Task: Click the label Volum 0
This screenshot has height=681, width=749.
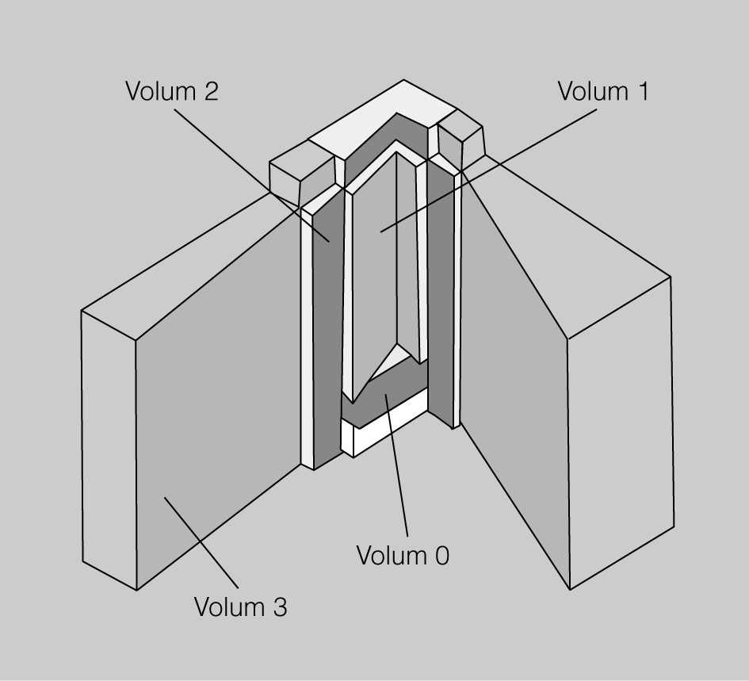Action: coord(403,555)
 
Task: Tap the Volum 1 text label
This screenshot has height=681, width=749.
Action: coord(602,91)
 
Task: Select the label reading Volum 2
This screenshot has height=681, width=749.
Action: coord(171,91)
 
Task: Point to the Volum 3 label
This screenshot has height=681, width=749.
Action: coord(240,607)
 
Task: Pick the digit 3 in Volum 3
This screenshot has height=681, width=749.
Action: coord(279,608)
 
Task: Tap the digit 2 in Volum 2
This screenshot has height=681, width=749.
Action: coord(209,91)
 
